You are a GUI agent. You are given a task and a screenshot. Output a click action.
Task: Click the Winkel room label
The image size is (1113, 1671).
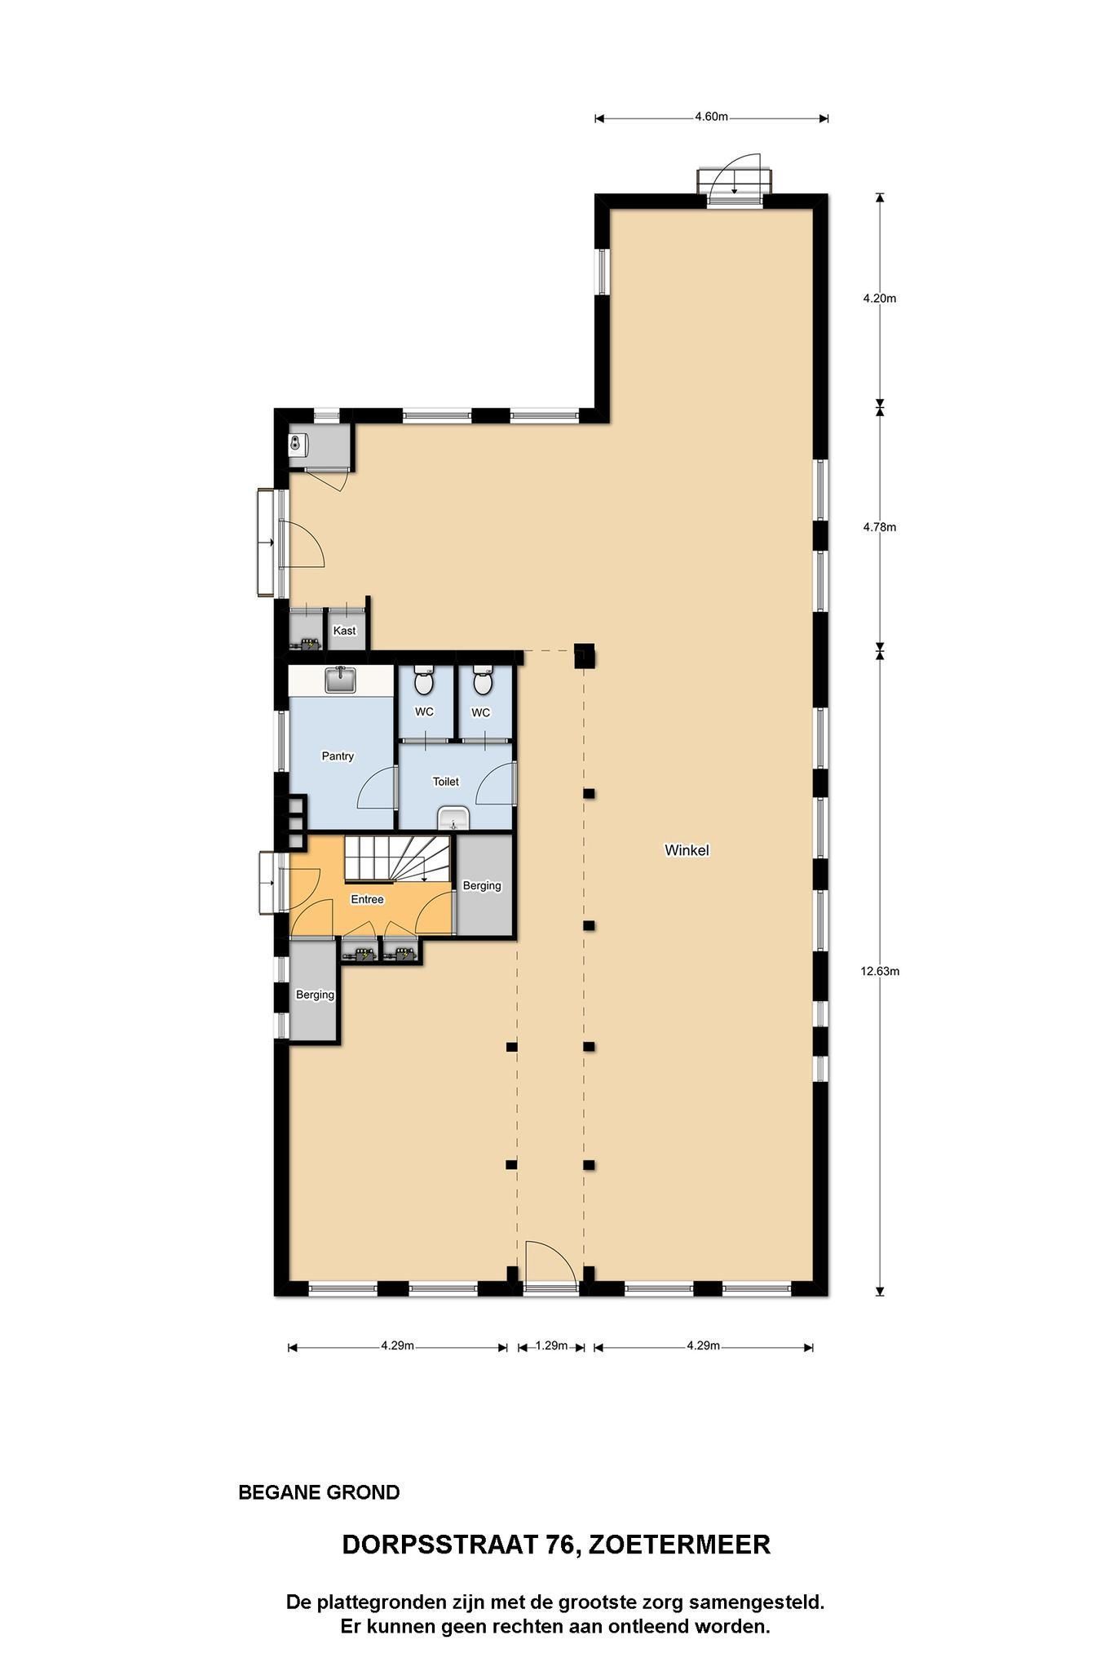(687, 850)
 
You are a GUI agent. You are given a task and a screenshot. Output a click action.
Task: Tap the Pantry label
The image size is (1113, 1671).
(338, 756)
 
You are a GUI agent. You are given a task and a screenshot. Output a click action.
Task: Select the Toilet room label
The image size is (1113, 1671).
(445, 782)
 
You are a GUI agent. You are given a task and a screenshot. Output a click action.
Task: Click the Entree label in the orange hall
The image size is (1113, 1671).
(367, 899)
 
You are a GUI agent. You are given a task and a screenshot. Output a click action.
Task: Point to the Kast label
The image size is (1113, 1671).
(344, 631)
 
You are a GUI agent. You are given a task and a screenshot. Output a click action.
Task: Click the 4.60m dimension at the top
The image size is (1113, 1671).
(711, 117)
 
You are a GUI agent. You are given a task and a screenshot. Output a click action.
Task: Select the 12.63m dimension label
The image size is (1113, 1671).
(880, 971)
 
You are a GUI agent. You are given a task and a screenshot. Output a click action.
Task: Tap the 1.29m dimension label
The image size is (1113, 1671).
(551, 1345)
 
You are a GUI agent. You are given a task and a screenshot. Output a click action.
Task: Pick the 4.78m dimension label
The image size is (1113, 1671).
(880, 527)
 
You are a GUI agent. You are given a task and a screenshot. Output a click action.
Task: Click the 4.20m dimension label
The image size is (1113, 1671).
(880, 299)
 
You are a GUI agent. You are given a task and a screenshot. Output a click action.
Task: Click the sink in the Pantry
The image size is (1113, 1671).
(340, 680)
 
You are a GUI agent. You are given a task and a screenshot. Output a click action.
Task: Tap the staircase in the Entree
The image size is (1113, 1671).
(398, 859)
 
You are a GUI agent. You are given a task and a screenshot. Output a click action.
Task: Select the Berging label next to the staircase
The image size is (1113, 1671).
(482, 886)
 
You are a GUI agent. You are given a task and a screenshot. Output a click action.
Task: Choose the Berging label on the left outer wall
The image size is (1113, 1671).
(315, 995)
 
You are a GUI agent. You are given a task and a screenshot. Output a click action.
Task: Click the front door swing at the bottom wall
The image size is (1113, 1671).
(550, 1264)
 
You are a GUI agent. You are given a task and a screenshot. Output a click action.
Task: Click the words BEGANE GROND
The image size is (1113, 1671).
(319, 1492)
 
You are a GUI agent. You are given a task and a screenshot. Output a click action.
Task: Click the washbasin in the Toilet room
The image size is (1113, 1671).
(454, 818)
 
